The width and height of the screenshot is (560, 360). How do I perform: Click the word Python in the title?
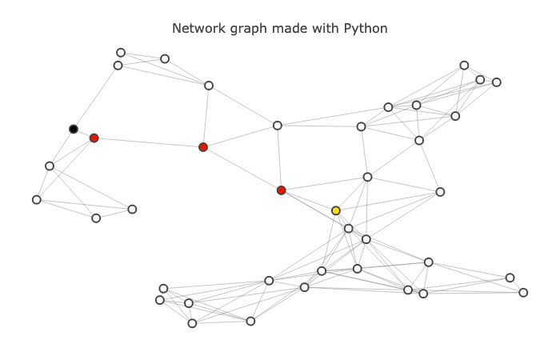pos(366,29)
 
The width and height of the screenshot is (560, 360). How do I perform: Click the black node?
pos(74,129)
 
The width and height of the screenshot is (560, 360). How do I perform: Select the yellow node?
pos(336,210)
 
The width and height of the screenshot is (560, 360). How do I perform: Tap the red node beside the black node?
pos(94,138)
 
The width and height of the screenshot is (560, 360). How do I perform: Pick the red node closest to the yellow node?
pos(281,190)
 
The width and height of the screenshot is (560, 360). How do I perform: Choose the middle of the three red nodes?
pos(203,147)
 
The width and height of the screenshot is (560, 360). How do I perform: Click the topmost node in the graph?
pos(121,53)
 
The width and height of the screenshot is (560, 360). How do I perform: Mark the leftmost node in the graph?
pos(37,199)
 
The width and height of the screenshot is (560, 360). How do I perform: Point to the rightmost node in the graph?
pos(523,292)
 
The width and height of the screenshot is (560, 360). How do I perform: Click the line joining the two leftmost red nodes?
pos(148,142)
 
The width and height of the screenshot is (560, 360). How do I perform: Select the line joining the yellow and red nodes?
pos(308,200)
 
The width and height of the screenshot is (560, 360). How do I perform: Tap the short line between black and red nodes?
pos(83,133)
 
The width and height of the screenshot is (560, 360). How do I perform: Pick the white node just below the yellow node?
pos(349,229)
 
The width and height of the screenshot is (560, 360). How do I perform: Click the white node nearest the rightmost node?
pos(510,278)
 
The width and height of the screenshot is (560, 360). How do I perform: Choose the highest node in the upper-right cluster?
pos(464,66)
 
